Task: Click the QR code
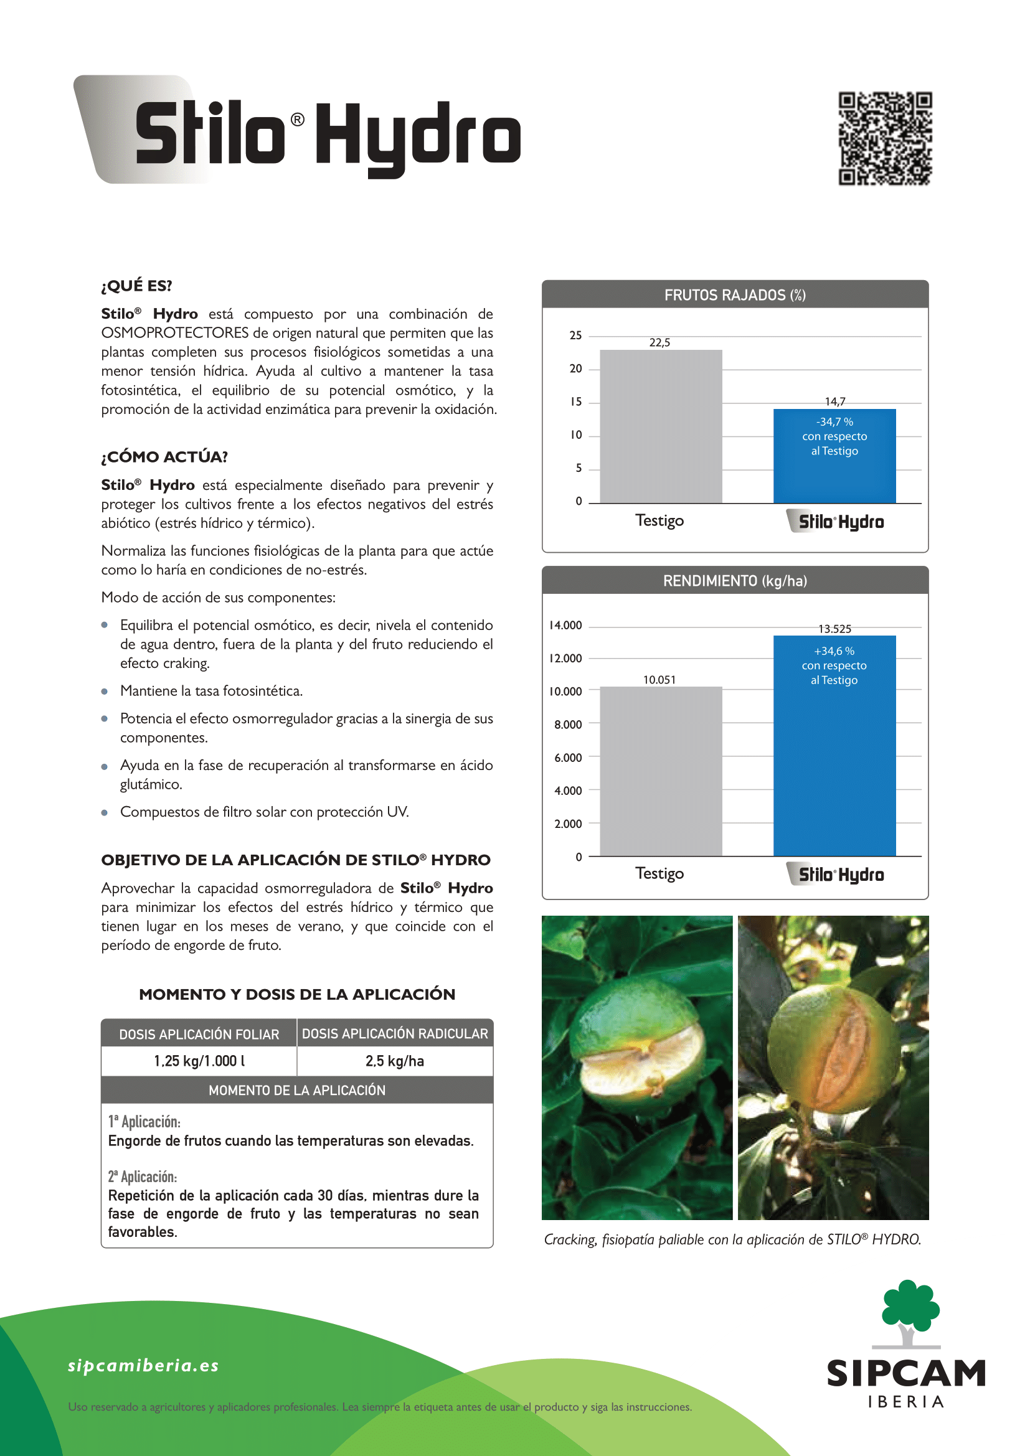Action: click(885, 138)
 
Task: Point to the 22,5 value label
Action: click(659, 342)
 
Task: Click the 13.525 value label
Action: click(834, 629)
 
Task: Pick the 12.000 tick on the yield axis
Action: click(565, 658)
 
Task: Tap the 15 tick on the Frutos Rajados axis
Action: click(575, 402)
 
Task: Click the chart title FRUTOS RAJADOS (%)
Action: click(734, 295)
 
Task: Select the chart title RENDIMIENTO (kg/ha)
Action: click(734, 581)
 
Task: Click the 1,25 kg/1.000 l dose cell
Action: click(199, 1061)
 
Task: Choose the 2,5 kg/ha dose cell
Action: click(394, 1061)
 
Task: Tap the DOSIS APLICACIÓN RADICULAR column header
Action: click(394, 1034)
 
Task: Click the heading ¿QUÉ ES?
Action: click(136, 286)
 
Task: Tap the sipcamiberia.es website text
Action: click(143, 1365)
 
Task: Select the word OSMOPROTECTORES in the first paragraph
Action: click(175, 333)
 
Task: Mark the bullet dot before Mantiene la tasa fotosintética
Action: click(105, 691)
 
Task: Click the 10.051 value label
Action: click(659, 680)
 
